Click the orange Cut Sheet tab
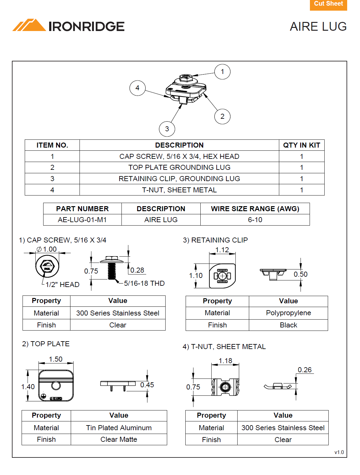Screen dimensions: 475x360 328,4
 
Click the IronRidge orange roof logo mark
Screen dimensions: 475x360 29,26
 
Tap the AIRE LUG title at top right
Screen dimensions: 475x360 318,27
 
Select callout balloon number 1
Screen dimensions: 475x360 222,72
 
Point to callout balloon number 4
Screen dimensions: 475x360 137,88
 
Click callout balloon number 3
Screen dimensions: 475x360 167,129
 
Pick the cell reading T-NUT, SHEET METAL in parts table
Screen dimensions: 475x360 179,190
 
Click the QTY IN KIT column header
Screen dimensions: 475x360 301,145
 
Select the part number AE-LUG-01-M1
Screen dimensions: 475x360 82,220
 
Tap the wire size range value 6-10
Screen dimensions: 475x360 255,220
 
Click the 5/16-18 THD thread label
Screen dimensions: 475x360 144,283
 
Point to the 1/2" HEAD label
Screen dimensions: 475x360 62,284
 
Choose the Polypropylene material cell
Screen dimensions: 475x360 288,313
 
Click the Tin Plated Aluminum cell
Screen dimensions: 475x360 119,428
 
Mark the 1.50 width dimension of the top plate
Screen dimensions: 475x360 56,359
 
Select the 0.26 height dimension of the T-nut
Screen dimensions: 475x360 305,370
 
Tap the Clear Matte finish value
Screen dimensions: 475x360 119,439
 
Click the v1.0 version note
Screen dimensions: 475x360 339,452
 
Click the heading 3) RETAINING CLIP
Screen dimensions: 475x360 215,240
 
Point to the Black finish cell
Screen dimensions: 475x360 288,325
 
